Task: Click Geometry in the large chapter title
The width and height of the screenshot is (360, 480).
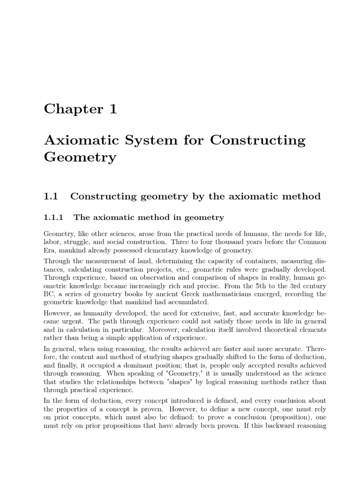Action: coord(80,157)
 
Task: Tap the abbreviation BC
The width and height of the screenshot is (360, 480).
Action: coord(49,294)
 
